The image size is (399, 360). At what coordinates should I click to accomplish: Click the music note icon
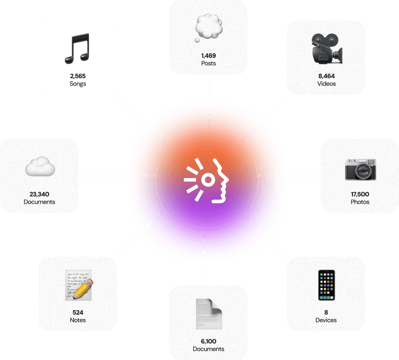pos(77,49)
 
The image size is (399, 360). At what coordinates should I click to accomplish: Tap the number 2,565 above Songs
pos(78,76)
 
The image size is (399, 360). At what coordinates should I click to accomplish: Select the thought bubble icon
pos(209,28)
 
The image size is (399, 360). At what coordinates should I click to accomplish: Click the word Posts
pos(209,63)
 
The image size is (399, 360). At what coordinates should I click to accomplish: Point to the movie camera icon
pos(327,49)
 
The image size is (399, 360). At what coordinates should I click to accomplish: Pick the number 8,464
pos(326,76)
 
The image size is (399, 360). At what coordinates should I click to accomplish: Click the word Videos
pos(326,83)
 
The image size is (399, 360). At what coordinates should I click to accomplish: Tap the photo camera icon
pos(360,169)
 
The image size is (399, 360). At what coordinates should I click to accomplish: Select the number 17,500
pos(360,194)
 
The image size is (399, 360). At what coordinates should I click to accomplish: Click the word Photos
pos(360,202)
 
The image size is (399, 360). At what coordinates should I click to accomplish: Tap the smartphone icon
pos(326,285)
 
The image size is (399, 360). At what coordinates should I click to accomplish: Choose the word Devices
pos(326,320)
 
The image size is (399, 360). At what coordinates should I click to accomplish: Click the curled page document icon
pos(209,314)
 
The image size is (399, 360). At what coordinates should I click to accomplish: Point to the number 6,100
pos(209,341)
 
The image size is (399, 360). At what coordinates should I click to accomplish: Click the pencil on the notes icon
pos(83,289)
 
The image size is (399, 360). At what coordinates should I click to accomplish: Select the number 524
pos(78,312)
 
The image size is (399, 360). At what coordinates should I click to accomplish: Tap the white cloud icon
pos(40,166)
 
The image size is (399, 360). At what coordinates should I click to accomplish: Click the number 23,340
pos(39,194)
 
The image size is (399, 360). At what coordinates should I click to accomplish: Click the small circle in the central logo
pos(208,180)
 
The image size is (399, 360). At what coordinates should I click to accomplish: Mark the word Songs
pos(78,83)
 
